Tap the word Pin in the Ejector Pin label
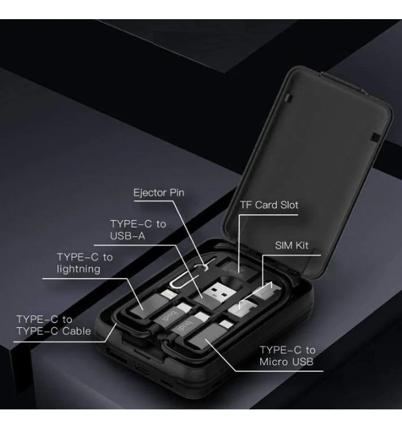tap(177, 193)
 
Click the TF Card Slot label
tap(269, 205)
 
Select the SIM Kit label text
tap(292, 246)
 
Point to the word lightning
tap(78, 269)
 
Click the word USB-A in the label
tap(127, 236)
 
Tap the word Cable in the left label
tap(77, 331)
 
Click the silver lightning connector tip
tap(169, 295)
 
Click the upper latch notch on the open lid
tap(288, 98)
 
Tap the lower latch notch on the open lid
tap(374, 137)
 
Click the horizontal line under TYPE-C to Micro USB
tap(279, 371)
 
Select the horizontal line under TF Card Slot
tap(268, 215)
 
